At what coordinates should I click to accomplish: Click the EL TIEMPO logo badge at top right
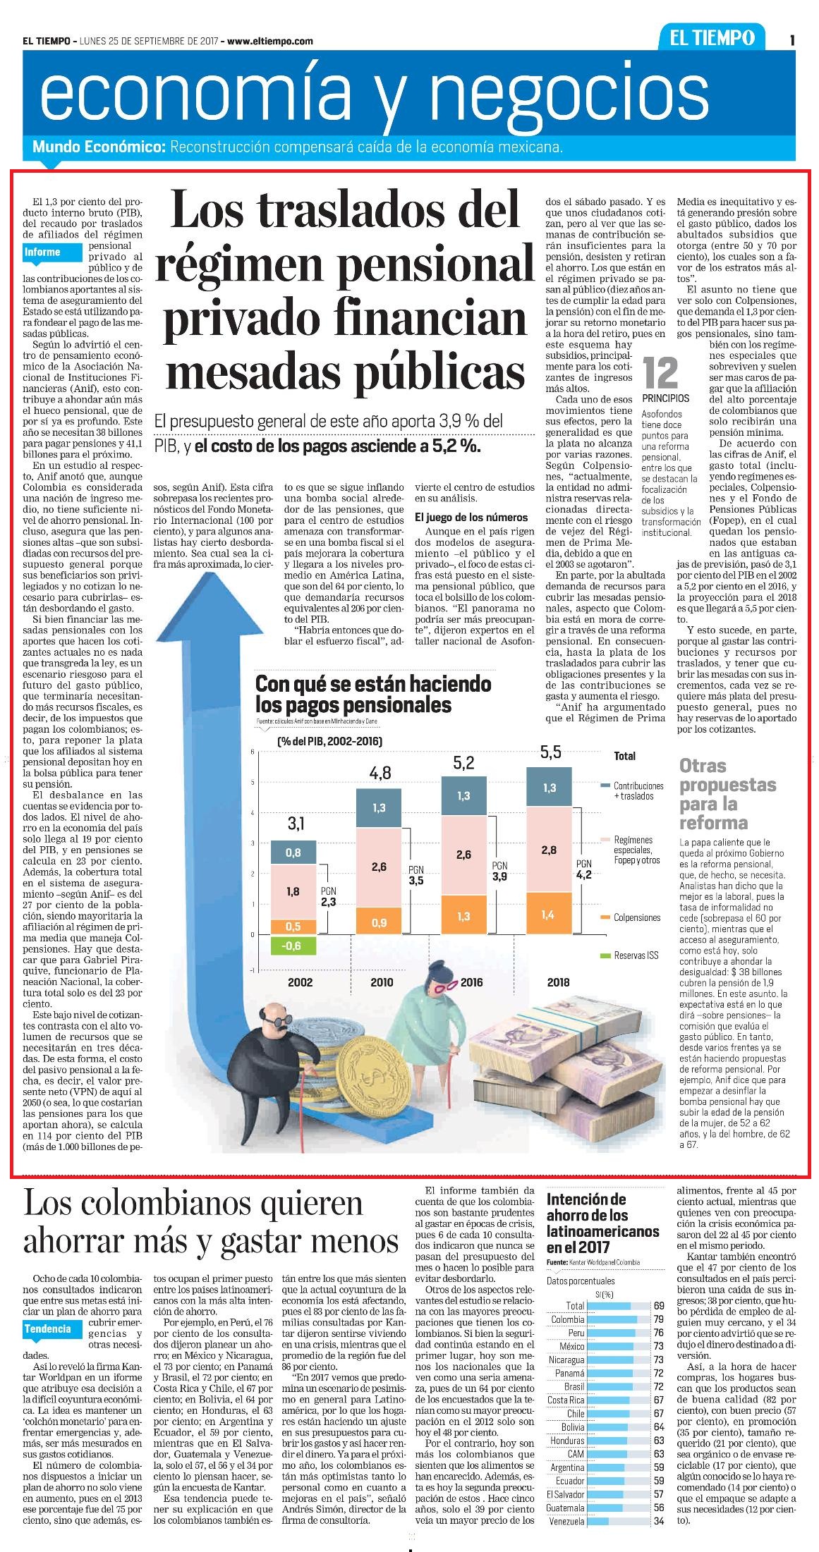pyautogui.click(x=712, y=39)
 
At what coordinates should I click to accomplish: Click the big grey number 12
pyautogui.click(x=661, y=372)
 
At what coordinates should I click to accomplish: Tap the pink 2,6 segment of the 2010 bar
pyautogui.click(x=379, y=867)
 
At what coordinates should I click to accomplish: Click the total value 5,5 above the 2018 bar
pyautogui.click(x=550, y=752)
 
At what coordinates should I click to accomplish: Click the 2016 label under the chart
pyautogui.click(x=471, y=982)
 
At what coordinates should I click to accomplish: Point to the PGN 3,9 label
pyautogui.click(x=500, y=871)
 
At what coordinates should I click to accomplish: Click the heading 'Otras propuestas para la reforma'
pyautogui.click(x=718, y=794)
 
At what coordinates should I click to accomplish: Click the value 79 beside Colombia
pyautogui.click(x=659, y=1319)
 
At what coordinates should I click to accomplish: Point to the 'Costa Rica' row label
pyautogui.click(x=566, y=1400)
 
